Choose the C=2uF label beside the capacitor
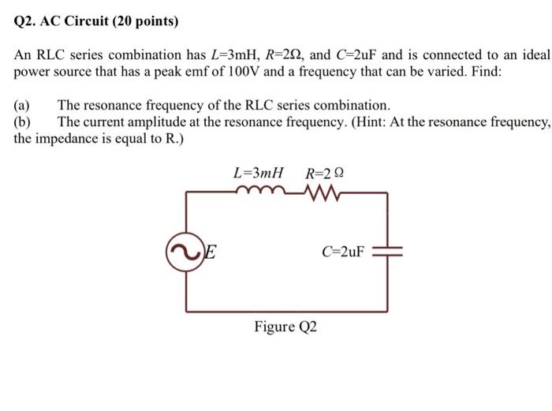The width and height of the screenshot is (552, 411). [x=343, y=252]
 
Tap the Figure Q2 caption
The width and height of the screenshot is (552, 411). [x=285, y=327]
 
